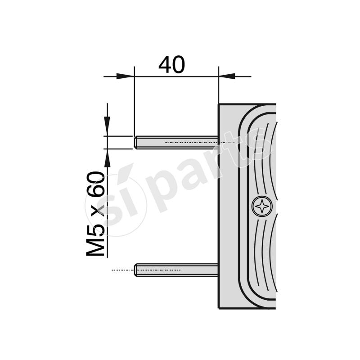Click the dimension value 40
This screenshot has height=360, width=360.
171,65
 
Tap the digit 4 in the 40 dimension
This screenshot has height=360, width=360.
165,65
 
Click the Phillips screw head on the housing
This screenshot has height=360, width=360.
262,207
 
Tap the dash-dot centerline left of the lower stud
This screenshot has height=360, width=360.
123,270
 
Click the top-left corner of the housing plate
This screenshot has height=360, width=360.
219,105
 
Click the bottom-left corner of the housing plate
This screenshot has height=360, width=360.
219,308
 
